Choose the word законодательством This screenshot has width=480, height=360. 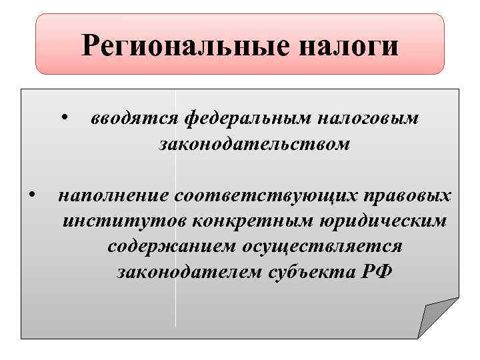[x=254, y=143]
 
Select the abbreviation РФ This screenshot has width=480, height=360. [x=376, y=271]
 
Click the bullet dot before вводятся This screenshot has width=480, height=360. [x=61, y=119]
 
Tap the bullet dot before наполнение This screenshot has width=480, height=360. [x=31, y=195]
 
